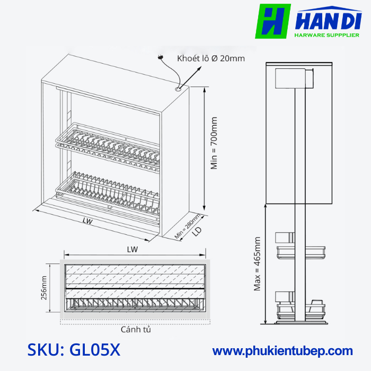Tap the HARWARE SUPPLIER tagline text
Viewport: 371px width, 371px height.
(326, 36)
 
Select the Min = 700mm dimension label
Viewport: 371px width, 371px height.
(214, 143)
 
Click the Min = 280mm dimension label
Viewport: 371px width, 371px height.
(188, 226)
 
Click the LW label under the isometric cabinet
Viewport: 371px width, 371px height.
(87, 222)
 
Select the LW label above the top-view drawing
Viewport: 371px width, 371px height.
(132, 249)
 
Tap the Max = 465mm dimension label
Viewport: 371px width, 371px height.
(258, 263)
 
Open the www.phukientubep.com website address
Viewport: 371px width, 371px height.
(282, 351)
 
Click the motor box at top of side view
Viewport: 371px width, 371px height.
(293, 79)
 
